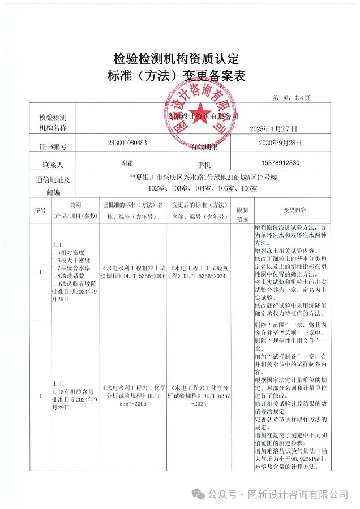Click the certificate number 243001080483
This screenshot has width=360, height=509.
[127, 143]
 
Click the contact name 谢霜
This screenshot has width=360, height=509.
[127, 163]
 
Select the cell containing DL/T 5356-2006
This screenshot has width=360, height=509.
[133, 272]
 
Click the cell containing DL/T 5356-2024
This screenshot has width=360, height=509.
[200, 272]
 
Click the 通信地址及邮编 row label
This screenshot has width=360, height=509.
[53, 184]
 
